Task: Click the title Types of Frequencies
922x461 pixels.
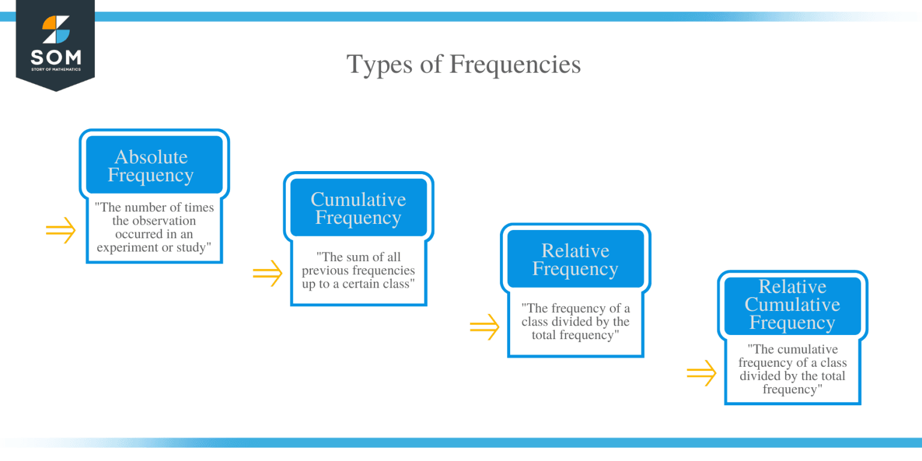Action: [463, 64]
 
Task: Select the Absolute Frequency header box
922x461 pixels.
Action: [154, 166]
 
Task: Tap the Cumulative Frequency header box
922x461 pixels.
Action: [358, 208]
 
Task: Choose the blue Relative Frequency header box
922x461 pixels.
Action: [575, 259]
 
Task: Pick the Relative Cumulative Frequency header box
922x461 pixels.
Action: [792, 305]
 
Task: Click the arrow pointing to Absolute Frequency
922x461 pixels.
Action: [61, 230]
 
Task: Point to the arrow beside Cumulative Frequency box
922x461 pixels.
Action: [267, 273]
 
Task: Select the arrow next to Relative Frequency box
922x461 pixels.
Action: [484, 327]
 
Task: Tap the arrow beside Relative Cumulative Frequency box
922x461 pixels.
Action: [701, 373]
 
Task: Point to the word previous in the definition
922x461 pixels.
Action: [325, 271]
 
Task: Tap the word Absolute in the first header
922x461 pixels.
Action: [151, 157]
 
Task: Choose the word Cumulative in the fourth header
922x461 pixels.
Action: [792, 304]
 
